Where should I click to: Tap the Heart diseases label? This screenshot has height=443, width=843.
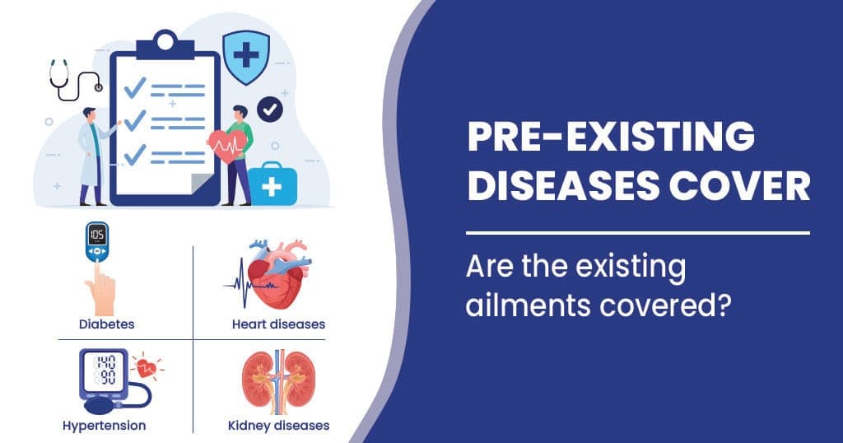(278, 324)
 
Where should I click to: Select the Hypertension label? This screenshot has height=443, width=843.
(104, 426)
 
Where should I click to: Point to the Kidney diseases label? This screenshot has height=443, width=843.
(278, 426)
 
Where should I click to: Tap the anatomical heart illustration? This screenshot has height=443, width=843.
(278, 276)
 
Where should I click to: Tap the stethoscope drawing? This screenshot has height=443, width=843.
(72, 78)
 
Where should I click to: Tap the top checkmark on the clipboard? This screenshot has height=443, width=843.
(134, 86)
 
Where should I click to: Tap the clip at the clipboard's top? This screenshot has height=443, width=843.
(165, 42)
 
